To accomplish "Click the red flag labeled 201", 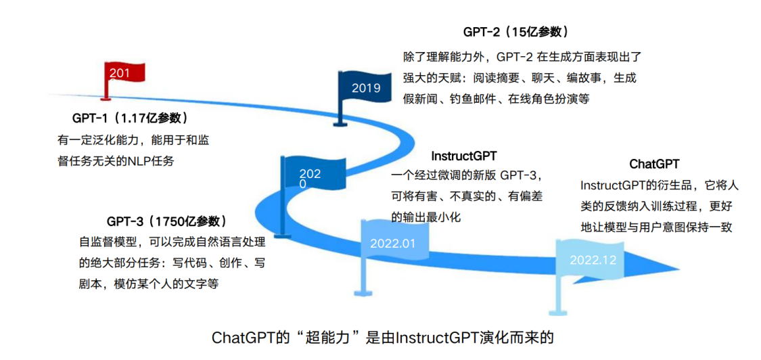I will (123, 73).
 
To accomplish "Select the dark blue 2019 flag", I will (366, 87).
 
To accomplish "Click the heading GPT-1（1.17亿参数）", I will (129, 118).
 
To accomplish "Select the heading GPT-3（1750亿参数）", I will (166, 221).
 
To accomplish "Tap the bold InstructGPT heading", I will (464, 156).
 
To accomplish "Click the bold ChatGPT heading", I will (654, 164).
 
